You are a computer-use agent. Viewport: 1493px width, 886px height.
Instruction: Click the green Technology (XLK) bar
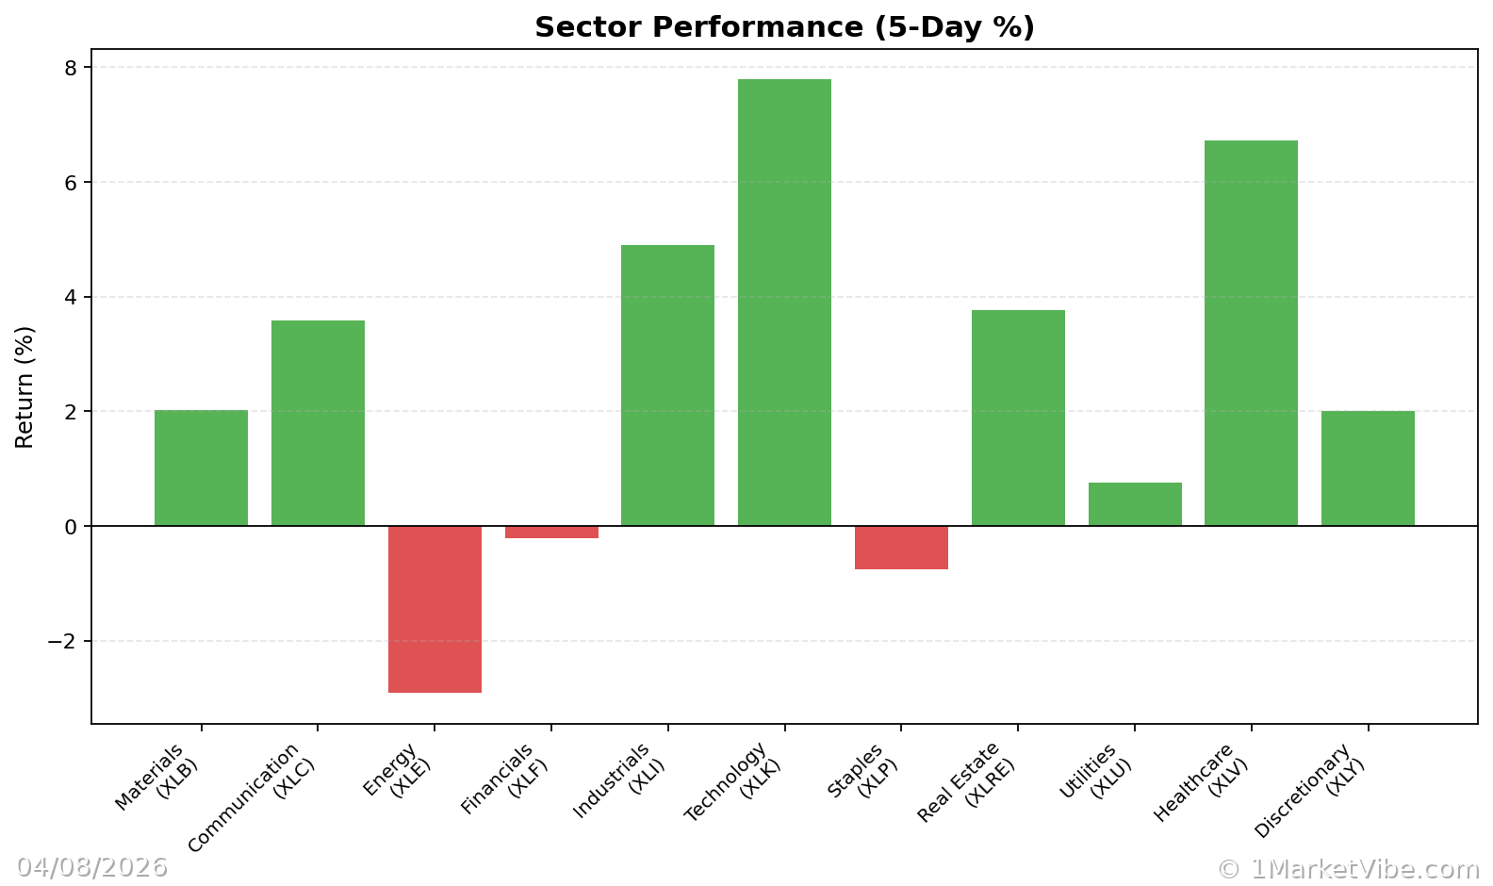pos(784,302)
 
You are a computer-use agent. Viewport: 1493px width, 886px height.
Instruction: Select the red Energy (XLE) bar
pos(435,609)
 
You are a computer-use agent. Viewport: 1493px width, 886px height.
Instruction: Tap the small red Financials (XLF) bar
pos(551,533)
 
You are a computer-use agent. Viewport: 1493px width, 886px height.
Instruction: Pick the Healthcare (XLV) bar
pos(1251,333)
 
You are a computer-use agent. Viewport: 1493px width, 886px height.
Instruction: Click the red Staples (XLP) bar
pos(901,548)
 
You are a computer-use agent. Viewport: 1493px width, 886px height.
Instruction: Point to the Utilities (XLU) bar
pos(1135,504)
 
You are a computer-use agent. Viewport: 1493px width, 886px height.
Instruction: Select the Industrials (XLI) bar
pos(667,385)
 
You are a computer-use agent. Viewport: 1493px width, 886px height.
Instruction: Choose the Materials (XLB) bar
pos(201,468)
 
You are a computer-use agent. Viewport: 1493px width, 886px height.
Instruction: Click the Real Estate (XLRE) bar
pos(1018,418)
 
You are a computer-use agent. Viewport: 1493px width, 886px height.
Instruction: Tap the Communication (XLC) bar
pos(318,422)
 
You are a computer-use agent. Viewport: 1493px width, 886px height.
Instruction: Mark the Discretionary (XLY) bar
pos(1368,468)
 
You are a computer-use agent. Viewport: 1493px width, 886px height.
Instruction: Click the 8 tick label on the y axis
pos(71,68)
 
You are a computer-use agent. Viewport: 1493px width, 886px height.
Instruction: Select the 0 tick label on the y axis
pos(71,527)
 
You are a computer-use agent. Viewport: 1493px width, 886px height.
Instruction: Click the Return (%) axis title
pos(25,386)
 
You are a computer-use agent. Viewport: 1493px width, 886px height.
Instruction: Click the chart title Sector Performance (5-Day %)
pos(784,27)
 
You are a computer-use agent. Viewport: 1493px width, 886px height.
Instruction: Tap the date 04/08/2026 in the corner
pos(91,867)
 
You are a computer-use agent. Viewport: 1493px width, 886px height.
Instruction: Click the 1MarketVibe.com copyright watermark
pos(1348,869)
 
